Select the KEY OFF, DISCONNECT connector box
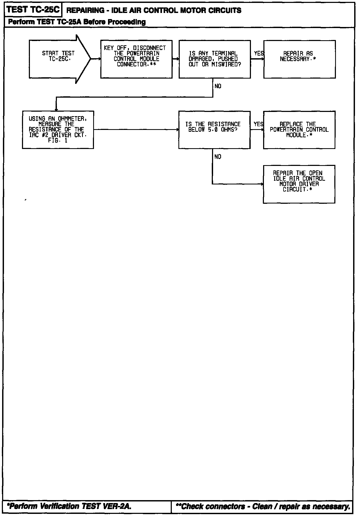(136, 59)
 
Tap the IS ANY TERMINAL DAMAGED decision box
(215, 59)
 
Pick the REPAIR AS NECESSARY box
(299, 59)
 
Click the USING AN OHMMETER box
(58, 130)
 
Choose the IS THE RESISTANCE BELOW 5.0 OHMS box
(214, 130)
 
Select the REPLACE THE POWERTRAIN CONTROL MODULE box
(299, 130)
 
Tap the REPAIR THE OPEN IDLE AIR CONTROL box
(299, 184)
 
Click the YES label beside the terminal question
(259, 53)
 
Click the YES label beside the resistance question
(258, 124)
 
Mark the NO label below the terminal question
(218, 86)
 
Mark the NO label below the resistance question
(218, 157)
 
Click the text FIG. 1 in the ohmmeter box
(58, 141)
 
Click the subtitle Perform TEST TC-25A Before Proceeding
(77, 22)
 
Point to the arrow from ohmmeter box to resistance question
(136, 130)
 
